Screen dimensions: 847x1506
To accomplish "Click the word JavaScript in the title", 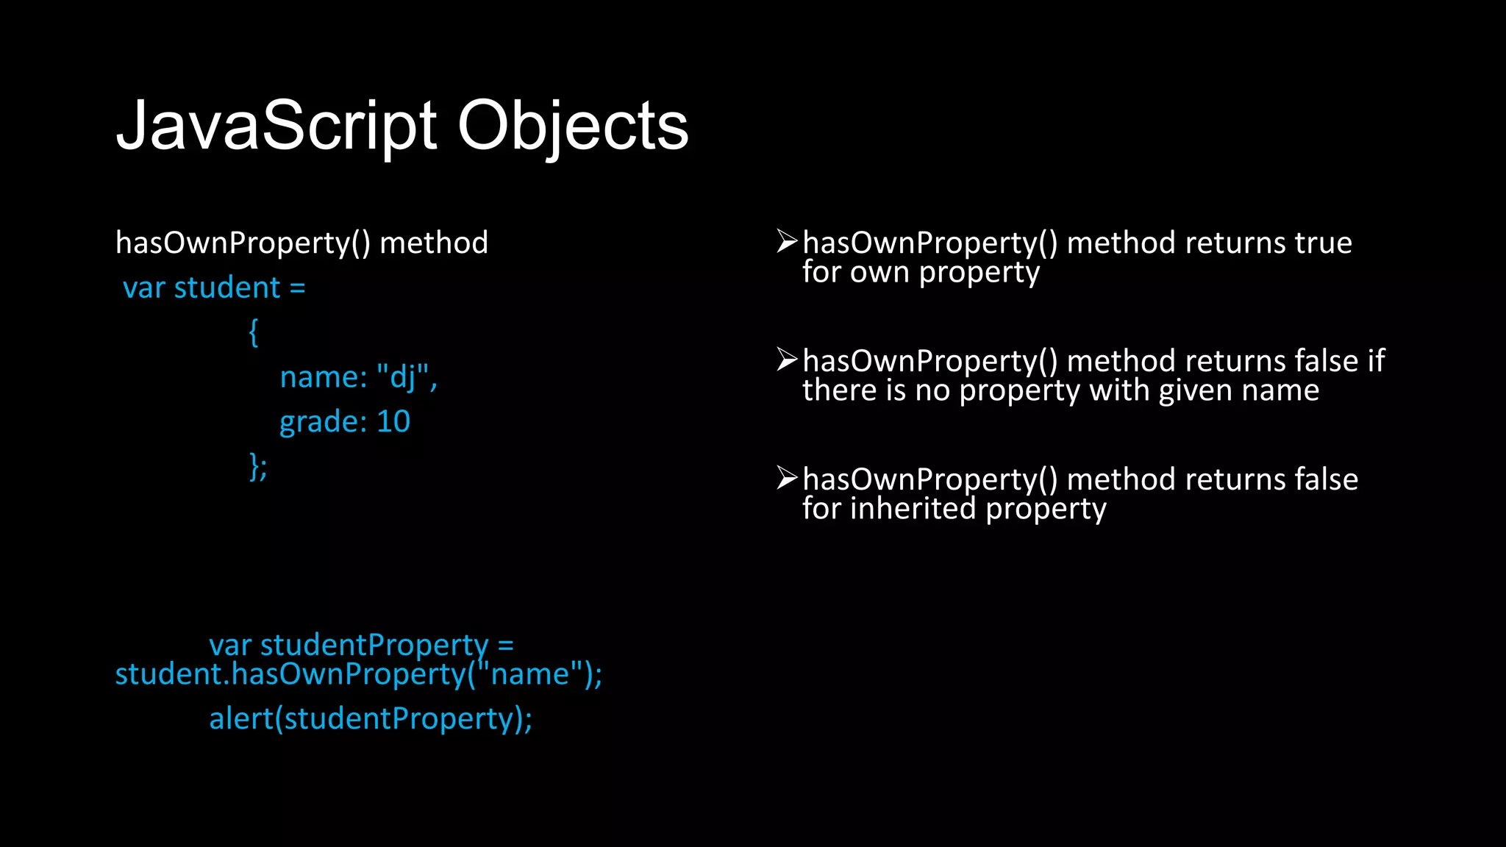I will [x=276, y=126].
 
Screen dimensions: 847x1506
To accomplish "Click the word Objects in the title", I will [x=573, y=126].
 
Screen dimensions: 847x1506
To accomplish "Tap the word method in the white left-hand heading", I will [x=434, y=243].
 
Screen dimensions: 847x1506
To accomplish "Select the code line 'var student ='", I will [x=214, y=287].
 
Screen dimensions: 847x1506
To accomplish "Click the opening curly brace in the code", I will [x=254, y=332].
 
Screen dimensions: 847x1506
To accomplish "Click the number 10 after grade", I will [x=393, y=421].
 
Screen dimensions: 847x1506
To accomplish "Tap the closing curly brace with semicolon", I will [x=258, y=466].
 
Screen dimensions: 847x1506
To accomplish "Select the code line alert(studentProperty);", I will [x=371, y=718].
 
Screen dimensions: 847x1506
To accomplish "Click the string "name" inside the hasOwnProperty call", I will [x=529, y=674].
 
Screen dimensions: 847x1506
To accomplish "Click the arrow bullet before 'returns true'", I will [x=787, y=241].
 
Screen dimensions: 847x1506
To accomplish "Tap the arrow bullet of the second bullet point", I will [x=787, y=360].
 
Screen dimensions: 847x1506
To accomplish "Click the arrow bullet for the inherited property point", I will [x=787, y=478].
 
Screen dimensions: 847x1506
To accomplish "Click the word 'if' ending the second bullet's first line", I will [x=1376, y=361].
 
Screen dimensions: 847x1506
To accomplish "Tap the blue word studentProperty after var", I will [x=374, y=645].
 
